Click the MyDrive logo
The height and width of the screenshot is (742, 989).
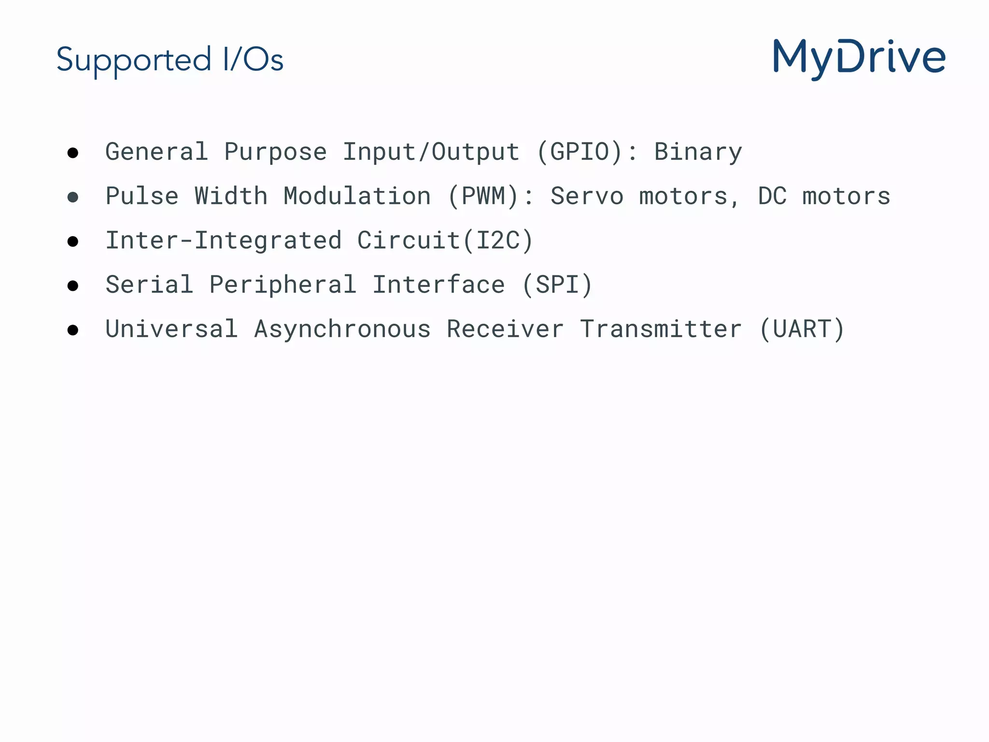[859, 59]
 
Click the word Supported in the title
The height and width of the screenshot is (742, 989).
[134, 60]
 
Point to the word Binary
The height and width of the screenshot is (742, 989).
[698, 152]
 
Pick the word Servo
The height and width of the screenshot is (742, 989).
[587, 197]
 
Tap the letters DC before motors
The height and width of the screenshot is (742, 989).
[772, 197]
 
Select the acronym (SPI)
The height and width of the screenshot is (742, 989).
[557, 285]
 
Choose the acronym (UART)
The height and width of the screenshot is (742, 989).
[802, 329]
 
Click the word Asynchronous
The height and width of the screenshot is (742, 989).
[342, 329]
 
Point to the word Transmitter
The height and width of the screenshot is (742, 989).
[661, 329]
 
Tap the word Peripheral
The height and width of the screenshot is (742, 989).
[283, 285]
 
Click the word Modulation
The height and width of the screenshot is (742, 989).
[357, 197]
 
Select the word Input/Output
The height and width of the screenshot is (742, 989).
[431, 152]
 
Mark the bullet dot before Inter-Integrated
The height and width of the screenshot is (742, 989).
[73, 242]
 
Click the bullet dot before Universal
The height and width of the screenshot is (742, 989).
[73, 330]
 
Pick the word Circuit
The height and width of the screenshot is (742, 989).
[409, 241]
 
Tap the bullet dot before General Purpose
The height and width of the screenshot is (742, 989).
[73, 153]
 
